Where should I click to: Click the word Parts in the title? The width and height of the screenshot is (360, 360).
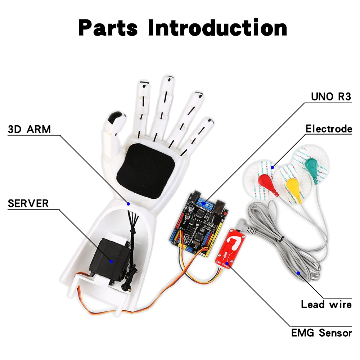pos(108,28)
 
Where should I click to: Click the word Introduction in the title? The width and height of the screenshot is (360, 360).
pos(217,28)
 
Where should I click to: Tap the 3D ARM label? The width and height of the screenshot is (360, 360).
pos(29,129)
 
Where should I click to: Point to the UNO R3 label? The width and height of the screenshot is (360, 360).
pos(331,96)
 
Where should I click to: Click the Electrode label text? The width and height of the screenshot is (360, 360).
pos(328,129)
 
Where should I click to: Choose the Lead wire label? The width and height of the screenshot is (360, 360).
pos(326,304)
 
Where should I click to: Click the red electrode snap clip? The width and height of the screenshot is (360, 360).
pos(265,180)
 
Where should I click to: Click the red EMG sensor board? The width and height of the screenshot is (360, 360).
pos(233,248)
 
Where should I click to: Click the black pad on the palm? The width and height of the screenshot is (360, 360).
pos(146,171)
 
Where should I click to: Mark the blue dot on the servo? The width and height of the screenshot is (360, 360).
pos(111,261)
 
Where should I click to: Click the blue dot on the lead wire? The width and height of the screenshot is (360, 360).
pos(298,273)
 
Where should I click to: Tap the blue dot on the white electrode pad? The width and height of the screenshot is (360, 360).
pos(273,167)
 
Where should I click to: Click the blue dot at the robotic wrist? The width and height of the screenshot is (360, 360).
pos(128,203)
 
